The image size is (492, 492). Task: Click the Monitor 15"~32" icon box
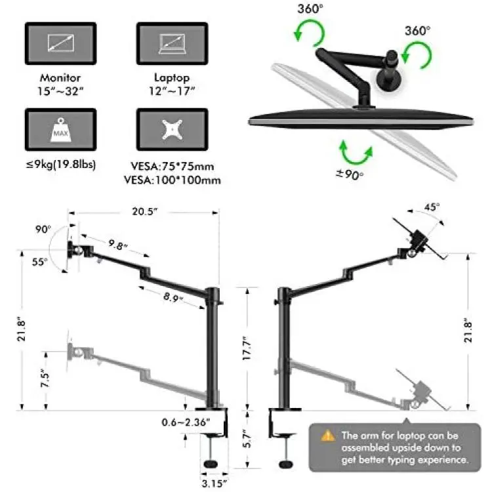pos(60,43)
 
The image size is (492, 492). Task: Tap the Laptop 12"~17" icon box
pos(173,43)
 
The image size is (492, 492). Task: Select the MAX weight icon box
pos(60,129)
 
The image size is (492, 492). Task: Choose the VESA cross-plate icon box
pos(173,129)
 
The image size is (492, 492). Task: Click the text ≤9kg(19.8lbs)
pos(60,164)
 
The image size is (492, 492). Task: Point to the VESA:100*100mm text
pos(173,180)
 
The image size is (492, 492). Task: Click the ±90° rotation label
pos(349,174)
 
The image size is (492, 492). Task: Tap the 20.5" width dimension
pos(144,211)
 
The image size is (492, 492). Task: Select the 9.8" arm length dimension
pos(117,245)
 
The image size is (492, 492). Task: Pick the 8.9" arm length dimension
pos(173,297)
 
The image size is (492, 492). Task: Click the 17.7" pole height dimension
pos(247,348)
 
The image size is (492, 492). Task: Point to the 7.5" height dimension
pos(45,379)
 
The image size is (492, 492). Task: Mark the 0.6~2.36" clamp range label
pos(186,422)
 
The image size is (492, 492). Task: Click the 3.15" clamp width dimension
pos(214,483)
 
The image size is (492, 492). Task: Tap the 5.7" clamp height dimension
pos(247,438)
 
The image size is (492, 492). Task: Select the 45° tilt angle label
pos(432,207)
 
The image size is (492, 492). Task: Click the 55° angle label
pos(39,262)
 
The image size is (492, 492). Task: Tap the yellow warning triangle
pos(328,436)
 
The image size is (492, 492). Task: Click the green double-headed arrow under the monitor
pos(356,154)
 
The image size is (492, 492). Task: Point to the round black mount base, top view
pos(389,80)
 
